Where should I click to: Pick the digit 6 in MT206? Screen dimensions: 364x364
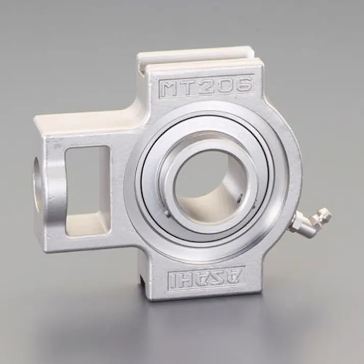click(244, 84)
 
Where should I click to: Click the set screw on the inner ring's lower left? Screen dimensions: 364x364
click(166, 213)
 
